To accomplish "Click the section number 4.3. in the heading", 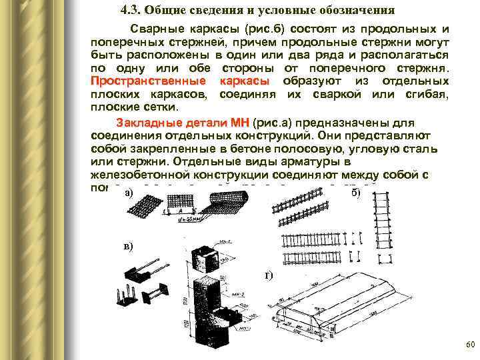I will (x=133, y=11).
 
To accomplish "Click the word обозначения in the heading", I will (x=353, y=11).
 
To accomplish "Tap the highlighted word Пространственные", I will (x=147, y=81).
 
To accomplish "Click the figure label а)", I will (x=129, y=193).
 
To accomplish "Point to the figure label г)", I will (x=268, y=275).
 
